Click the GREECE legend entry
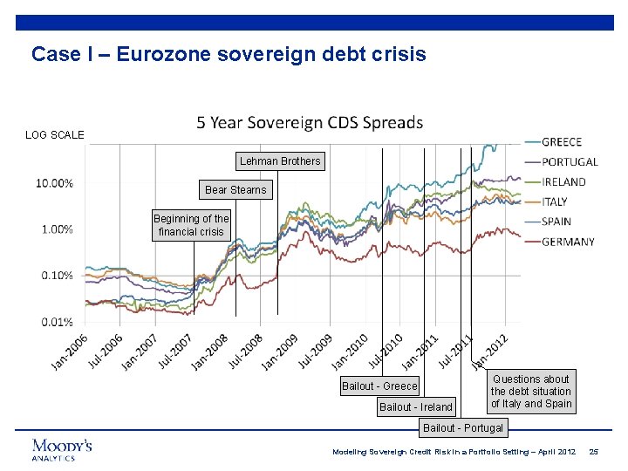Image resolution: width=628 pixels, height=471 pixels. (561, 142)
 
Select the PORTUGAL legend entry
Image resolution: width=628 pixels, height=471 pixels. (569, 162)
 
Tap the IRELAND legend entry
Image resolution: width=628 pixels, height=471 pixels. (563, 182)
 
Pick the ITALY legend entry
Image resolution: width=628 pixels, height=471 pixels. (554, 202)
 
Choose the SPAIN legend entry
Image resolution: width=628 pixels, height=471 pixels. (556, 222)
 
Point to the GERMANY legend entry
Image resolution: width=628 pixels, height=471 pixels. (568, 242)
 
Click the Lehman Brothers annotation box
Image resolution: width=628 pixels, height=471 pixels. (280, 161)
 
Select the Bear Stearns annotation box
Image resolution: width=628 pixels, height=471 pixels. (235, 189)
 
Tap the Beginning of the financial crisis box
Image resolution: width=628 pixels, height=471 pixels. (191, 225)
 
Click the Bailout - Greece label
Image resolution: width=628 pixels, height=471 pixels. (379, 386)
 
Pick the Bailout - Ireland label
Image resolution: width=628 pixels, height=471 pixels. (416, 406)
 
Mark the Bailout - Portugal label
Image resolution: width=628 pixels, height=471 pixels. (463, 427)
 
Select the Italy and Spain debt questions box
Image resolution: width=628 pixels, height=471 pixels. (531, 392)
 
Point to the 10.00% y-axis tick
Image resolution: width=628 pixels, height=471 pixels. (54, 183)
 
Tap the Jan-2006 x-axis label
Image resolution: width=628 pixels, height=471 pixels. (70, 352)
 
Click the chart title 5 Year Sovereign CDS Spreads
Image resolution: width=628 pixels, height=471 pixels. (310, 123)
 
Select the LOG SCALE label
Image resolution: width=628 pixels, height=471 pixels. (54, 135)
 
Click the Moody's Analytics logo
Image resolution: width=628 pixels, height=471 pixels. (62, 449)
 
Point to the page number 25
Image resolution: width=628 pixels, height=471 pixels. (594, 451)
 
